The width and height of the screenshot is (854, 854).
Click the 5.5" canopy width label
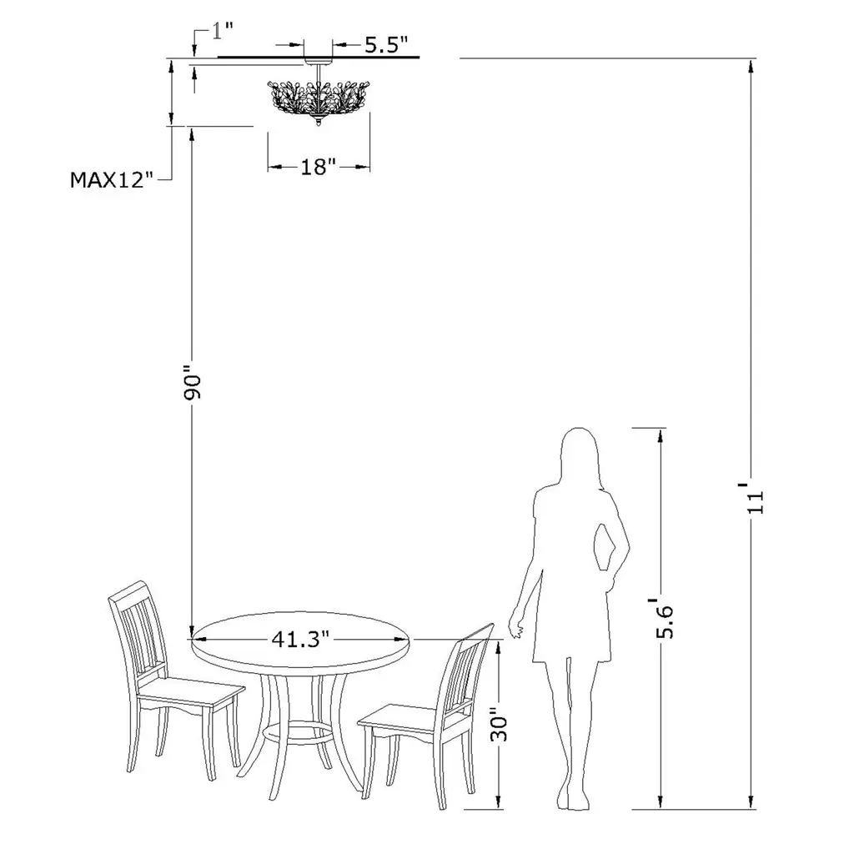[x=386, y=45]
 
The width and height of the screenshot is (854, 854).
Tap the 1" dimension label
[x=222, y=31]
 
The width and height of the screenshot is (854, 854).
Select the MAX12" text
[x=113, y=180]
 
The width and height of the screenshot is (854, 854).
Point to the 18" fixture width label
[x=319, y=167]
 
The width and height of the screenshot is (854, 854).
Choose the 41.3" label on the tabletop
[x=300, y=639]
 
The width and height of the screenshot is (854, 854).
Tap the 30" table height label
[x=499, y=725]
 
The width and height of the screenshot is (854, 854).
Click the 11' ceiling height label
[x=756, y=497]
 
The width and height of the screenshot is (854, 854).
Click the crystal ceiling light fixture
[x=319, y=98]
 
